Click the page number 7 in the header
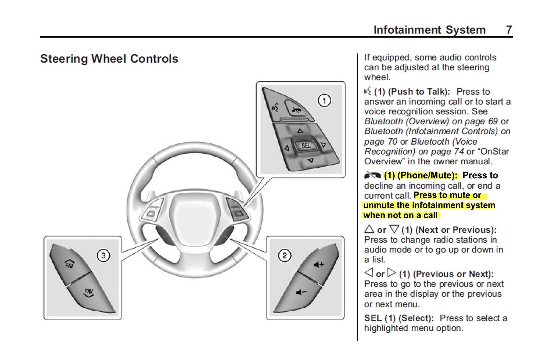509,30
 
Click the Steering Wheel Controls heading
109,59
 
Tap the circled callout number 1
324,101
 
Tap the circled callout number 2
285,255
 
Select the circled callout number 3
103,255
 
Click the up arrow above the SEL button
300,131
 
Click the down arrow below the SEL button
311,160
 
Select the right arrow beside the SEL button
323,145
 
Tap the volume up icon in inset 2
318,264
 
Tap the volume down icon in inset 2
301,292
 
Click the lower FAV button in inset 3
89,293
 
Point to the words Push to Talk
419,92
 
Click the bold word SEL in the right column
373,318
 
